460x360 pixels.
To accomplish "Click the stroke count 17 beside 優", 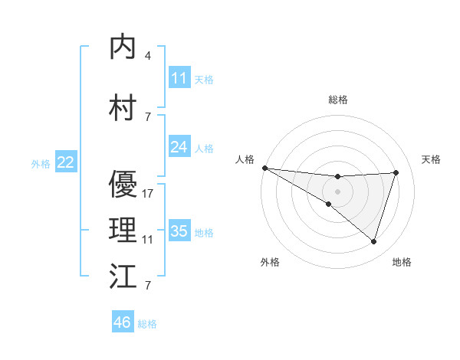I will tap(148, 194).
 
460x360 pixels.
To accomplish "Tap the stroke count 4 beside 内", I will tap(147, 56).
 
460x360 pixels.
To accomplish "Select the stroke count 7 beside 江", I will tap(147, 286).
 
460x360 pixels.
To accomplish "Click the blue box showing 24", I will tap(179, 147).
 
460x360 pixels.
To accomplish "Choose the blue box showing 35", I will tap(179, 231).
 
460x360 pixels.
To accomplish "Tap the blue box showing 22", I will tap(66, 162).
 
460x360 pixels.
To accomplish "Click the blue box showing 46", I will tap(123, 322).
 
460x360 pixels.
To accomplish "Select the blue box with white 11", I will tap(179, 78).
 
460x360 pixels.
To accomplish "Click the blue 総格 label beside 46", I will tap(147, 324).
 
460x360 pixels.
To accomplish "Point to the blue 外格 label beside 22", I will tap(40, 163).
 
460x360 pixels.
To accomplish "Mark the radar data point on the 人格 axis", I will tap(264, 168).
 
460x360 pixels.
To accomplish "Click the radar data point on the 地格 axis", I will tap(373, 241).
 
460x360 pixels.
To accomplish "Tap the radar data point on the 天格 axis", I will tap(396, 172).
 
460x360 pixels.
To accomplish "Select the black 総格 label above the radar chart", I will tap(337, 100).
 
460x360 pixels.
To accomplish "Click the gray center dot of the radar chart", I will tap(337, 191).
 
